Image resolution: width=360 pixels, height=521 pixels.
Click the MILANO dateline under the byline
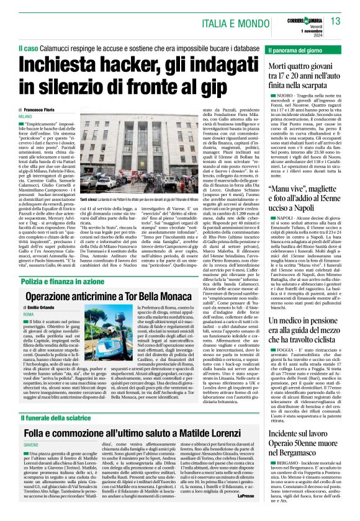[25, 116]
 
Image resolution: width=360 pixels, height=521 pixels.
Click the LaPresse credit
[247, 512]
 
